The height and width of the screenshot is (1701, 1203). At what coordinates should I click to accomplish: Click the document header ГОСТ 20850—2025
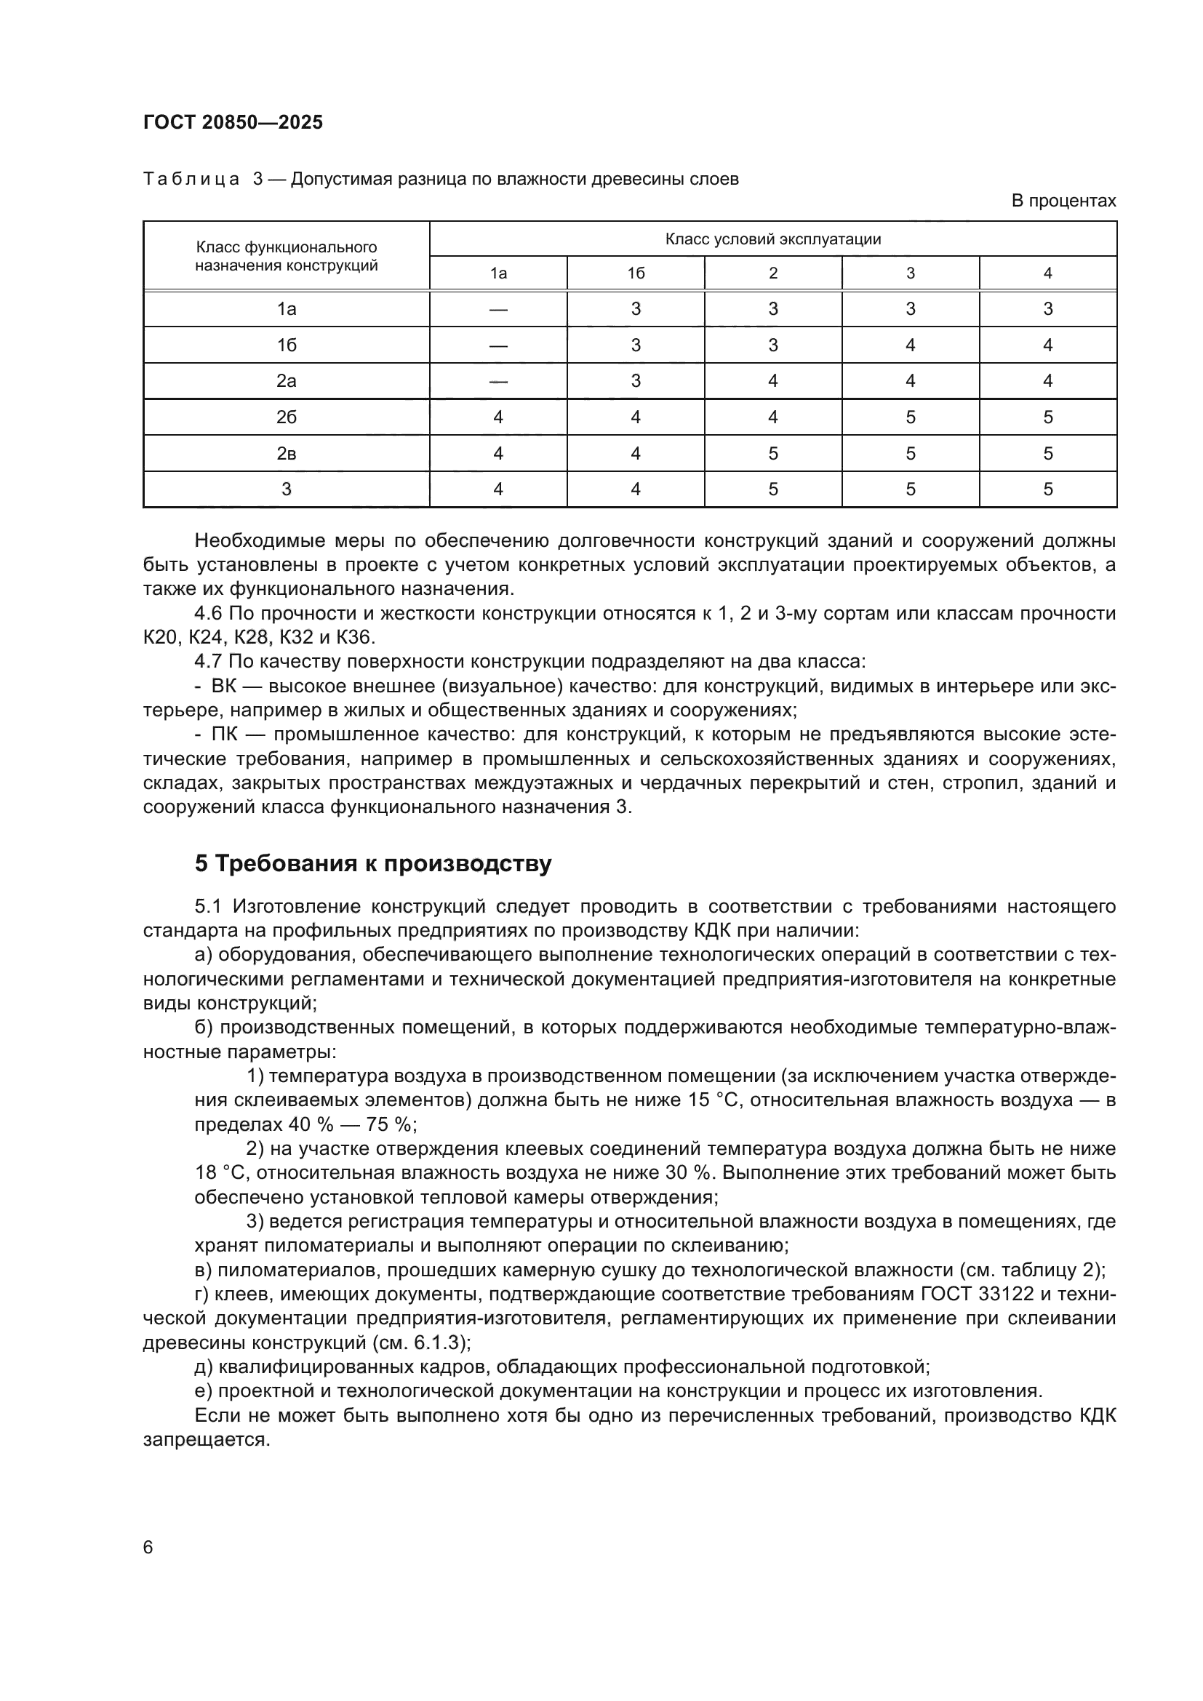(x=233, y=123)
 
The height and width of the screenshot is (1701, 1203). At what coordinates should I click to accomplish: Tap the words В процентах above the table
(x=1063, y=201)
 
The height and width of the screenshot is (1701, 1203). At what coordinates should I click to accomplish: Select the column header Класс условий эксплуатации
(x=772, y=239)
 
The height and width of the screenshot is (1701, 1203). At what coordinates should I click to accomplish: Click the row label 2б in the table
(x=287, y=417)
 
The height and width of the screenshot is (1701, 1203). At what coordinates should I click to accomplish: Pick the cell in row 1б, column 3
(x=910, y=345)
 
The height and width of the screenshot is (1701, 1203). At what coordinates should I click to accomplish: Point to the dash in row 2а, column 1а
(x=497, y=382)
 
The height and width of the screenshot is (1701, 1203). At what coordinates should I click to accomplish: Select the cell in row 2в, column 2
(x=772, y=453)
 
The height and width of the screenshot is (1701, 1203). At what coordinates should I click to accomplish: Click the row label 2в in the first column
(x=287, y=453)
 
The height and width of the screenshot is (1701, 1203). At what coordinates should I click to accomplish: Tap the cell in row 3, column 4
(x=1047, y=489)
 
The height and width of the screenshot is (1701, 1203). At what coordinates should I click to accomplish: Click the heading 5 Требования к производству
(x=372, y=864)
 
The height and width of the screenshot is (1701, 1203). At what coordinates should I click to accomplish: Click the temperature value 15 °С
(x=714, y=1100)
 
